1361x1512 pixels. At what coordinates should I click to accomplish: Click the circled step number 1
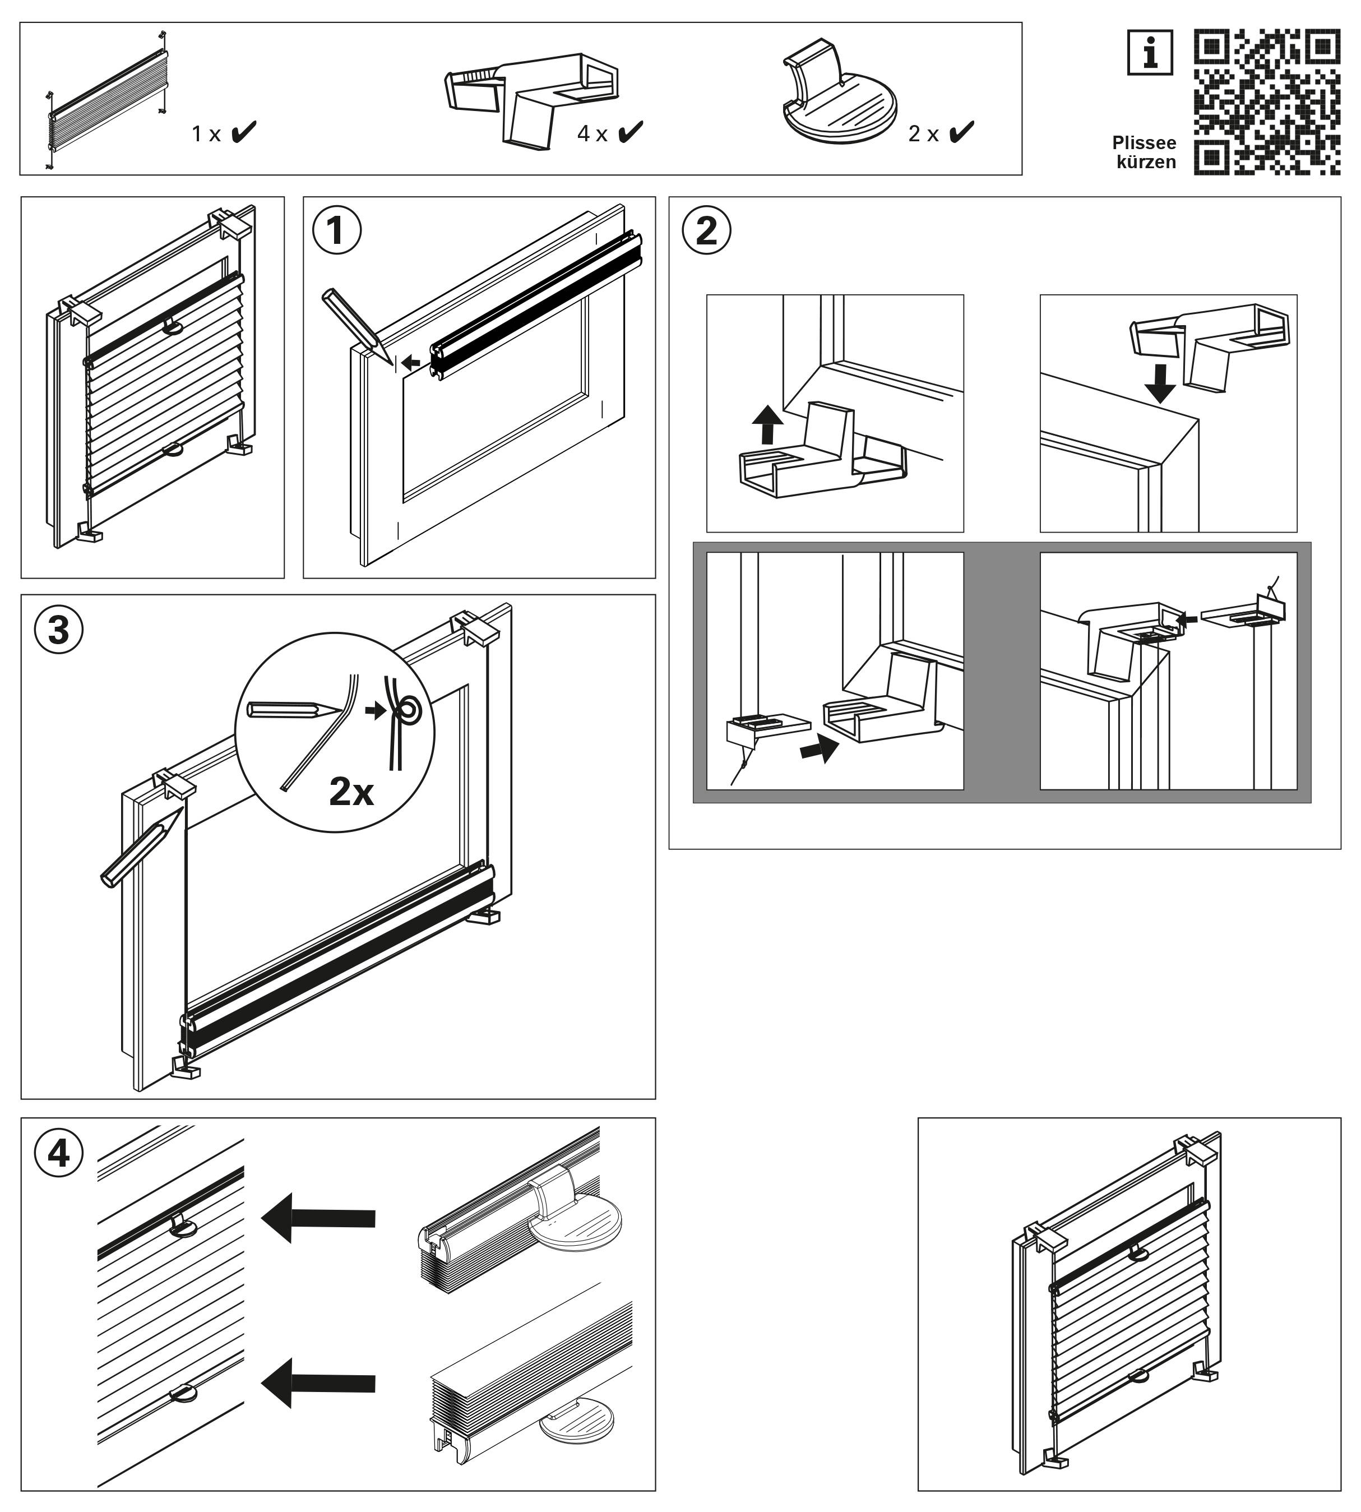pyautogui.click(x=336, y=231)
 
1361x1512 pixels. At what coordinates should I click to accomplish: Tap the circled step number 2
pyautogui.click(x=706, y=231)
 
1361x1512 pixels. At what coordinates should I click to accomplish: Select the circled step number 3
pyautogui.click(x=59, y=630)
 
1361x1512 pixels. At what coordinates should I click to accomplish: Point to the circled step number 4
pyautogui.click(x=59, y=1154)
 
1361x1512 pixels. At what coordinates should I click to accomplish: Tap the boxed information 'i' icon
pyautogui.click(x=1149, y=53)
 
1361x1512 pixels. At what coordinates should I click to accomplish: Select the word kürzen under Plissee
pyautogui.click(x=1146, y=162)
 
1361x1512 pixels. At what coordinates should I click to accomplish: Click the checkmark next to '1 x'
pyautogui.click(x=243, y=132)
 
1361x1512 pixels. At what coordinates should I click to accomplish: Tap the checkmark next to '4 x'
pyautogui.click(x=631, y=132)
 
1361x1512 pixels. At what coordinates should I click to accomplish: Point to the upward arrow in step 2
pyautogui.click(x=767, y=425)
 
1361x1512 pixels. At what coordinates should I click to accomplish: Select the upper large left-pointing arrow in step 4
pyautogui.click(x=318, y=1218)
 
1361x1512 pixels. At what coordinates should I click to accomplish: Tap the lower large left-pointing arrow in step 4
pyautogui.click(x=318, y=1384)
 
